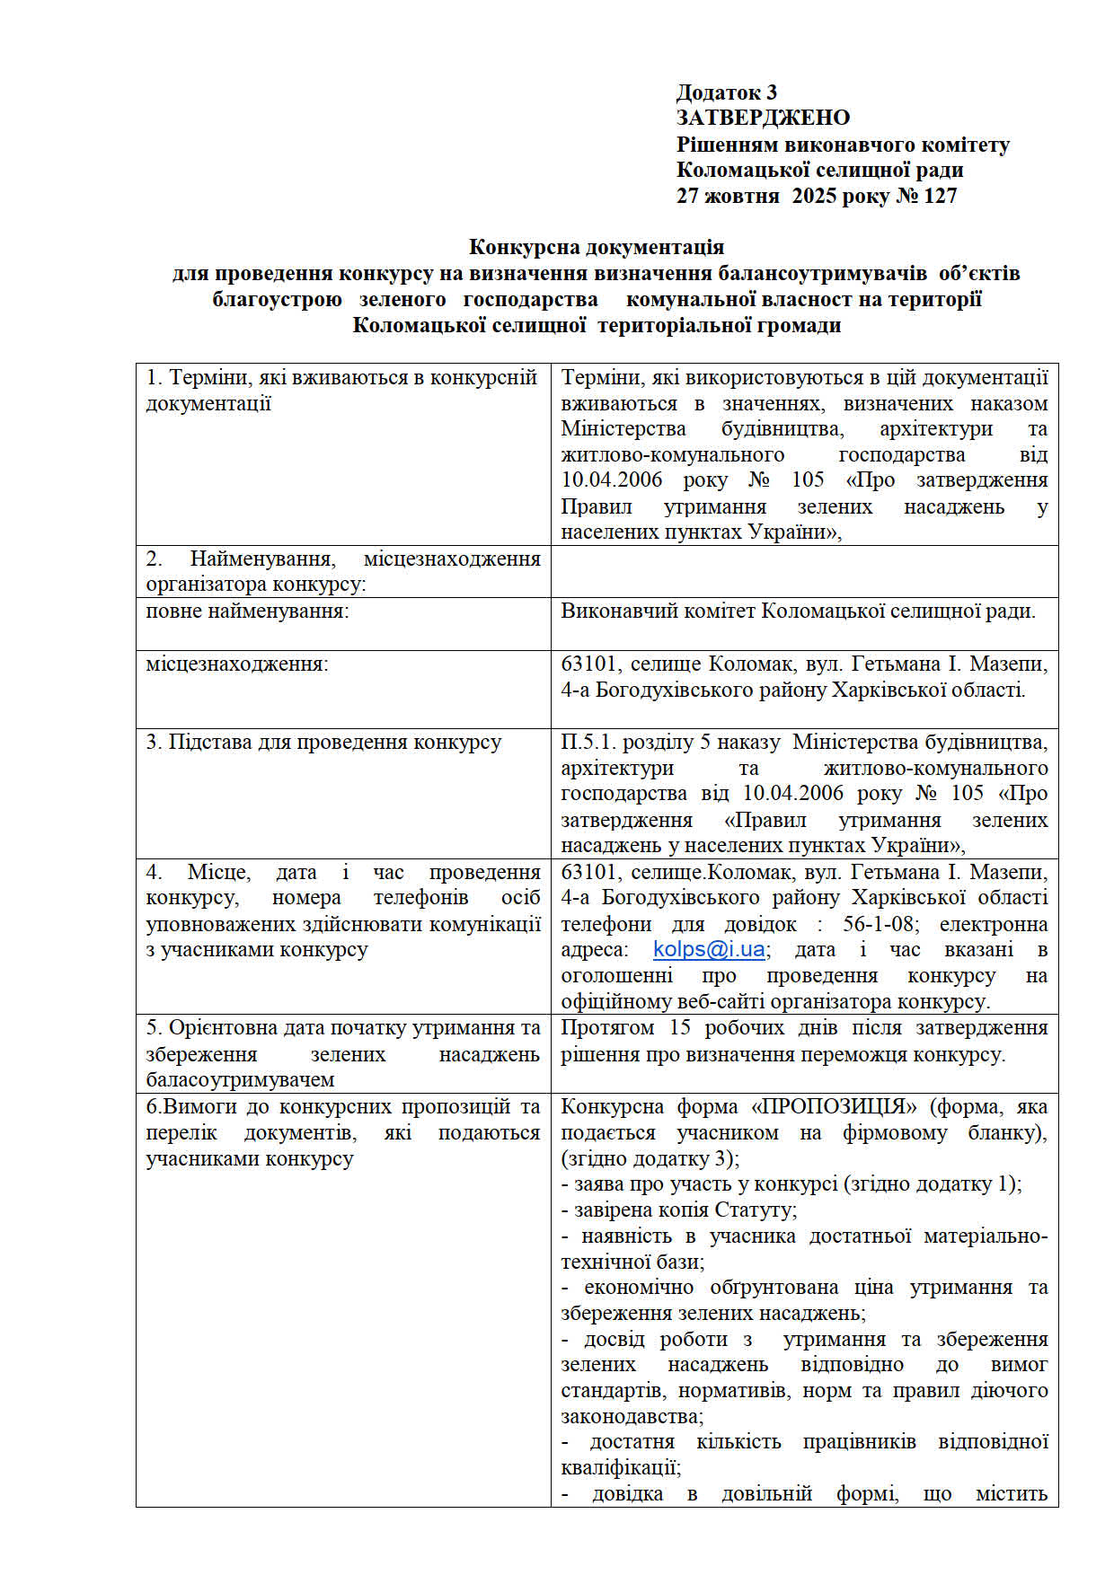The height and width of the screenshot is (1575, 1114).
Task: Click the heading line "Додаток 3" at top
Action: click(x=726, y=92)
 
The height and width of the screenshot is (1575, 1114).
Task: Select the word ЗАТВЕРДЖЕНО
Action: click(x=763, y=118)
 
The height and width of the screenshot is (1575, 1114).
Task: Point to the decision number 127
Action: click(x=940, y=196)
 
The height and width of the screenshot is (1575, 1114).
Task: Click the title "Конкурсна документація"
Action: click(x=597, y=247)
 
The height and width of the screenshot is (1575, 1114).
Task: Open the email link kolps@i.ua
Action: click(x=709, y=949)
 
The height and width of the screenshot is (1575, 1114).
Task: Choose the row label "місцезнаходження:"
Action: click(x=237, y=664)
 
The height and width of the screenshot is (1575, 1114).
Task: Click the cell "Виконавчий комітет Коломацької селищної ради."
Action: click(x=798, y=612)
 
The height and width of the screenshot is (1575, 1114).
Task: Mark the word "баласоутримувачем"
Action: click(x=240, y=1080)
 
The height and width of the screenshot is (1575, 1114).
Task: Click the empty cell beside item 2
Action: click(x=804, y=572)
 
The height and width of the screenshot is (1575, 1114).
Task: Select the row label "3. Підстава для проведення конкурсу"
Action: click(x=323, y=743)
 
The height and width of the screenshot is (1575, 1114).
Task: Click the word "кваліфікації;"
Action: click(x=621, y=1468)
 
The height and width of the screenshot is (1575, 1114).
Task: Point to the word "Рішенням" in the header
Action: click(x=727, y=145)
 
